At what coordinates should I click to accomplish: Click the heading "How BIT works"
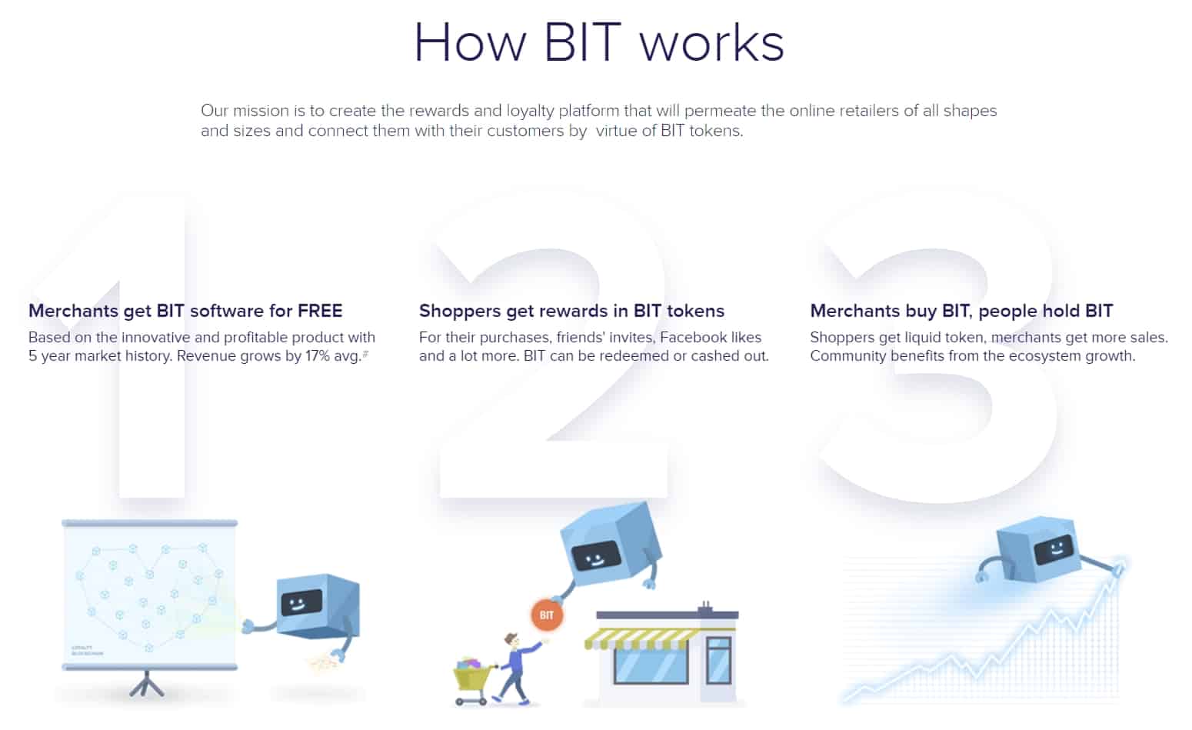[x=598, y=42]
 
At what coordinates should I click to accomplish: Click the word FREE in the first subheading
[x=320, y=311]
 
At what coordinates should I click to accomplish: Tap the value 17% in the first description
[x=317, y=356]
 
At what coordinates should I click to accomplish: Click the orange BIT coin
[x=546, y=615]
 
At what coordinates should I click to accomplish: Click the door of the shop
[x=718, y=662]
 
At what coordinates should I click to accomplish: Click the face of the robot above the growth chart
[x=1052, y=550]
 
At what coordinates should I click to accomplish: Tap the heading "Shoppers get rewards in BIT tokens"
[x=571, y=311]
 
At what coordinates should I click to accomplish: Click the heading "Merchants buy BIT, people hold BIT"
[x=961, y=311]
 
